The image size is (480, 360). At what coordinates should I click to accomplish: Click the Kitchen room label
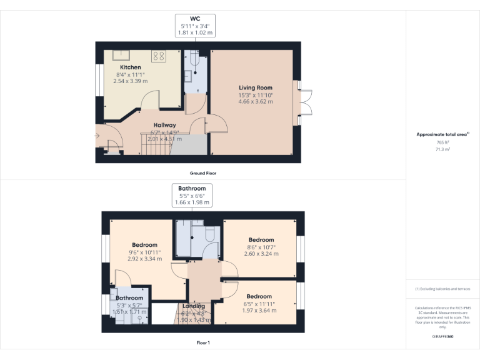point(131,67)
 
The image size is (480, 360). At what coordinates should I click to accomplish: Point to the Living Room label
point(255,87)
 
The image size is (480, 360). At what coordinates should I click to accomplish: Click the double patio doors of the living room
point(304,99)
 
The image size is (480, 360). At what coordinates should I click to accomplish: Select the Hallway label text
point(165,125)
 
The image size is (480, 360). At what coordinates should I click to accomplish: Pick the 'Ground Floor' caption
point(203,173)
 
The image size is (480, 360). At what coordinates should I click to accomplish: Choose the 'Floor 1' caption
point(203,342)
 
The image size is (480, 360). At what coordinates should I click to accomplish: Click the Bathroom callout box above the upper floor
point(191,195)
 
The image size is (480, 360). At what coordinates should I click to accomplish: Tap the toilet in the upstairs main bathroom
point(209,233)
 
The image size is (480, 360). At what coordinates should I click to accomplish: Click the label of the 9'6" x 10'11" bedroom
point(144,245)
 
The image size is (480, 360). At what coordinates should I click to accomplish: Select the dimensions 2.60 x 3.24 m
point(261,254)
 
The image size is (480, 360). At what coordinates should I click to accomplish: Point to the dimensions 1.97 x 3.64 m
point(259,311)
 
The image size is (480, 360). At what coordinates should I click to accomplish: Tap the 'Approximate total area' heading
point(441,134)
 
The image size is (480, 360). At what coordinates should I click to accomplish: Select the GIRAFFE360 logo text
point(442,336)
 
